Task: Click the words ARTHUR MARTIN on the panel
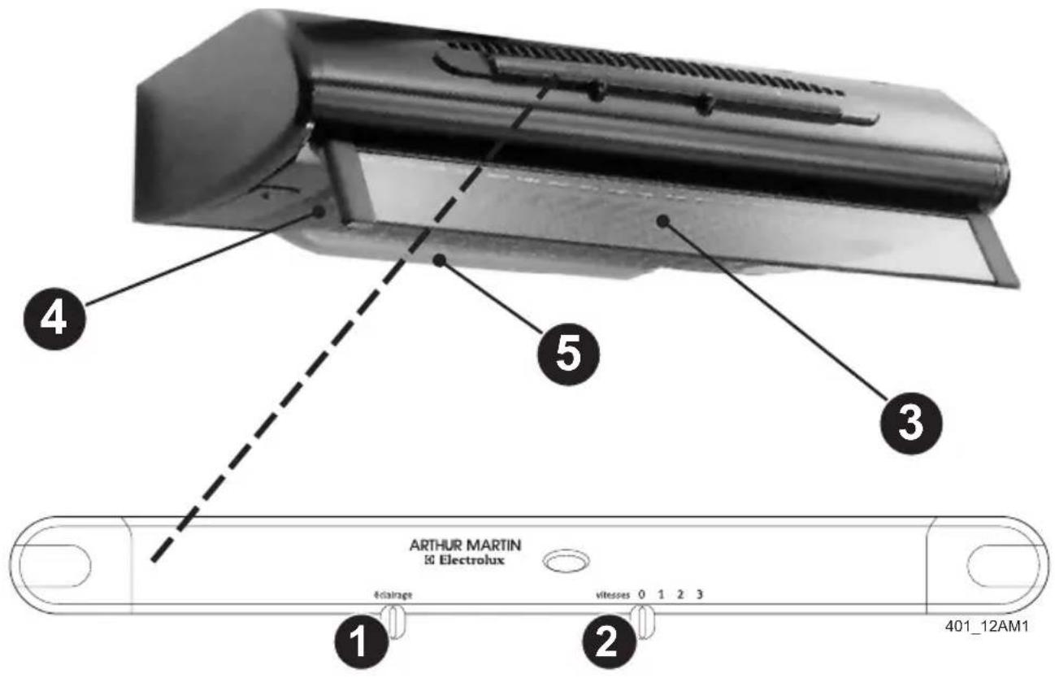[x=465, y=545]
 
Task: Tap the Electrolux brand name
[x=465, y=561]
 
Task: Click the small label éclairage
[x=393, y=595]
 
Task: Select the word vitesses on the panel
[x=612, y=595]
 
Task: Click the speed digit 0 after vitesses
[x=641, y=595]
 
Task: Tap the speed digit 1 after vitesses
[x=661, y=595]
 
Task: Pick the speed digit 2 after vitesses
[x=680, y=595]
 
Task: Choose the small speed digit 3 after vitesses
[x=700, y=595]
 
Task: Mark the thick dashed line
[x=349, y=325]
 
